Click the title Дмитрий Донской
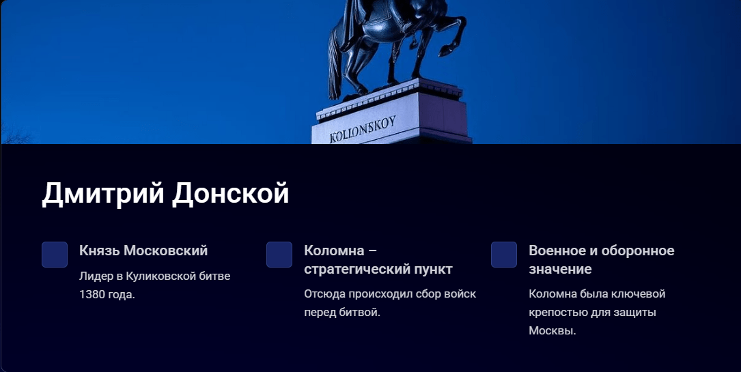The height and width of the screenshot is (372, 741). coord(165,194)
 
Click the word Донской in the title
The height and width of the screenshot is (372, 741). coord(230,194)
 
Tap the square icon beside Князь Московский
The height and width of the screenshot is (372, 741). coord(55,255)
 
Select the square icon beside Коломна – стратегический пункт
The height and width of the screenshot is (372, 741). coord(279,255)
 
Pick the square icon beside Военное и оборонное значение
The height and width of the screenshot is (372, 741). coord(504,255)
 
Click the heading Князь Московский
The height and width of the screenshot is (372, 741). coord(143,251)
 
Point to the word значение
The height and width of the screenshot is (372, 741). coord(560,270)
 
